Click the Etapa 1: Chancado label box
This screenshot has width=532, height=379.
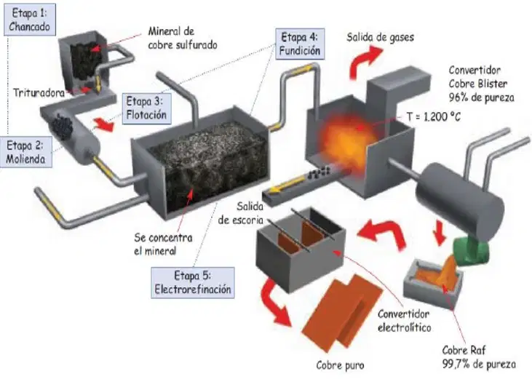[30, 20]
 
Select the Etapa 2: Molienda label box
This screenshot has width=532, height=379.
[25, 152]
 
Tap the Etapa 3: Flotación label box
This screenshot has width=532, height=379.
[146, 108]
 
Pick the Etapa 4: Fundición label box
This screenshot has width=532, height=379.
[300, 44]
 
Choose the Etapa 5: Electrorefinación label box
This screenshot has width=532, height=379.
[193, 282]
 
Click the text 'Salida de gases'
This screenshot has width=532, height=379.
[380, 37]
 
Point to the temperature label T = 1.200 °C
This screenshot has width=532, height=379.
[434, 117]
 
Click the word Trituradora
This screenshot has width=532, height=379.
[39, 92]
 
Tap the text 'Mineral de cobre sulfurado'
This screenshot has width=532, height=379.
[183, 38]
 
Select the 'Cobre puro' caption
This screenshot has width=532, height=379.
[340, 365]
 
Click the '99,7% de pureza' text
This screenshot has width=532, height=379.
[479, 364]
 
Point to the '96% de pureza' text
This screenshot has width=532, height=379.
[482, 97]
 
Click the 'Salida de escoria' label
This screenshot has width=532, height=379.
[241, 213]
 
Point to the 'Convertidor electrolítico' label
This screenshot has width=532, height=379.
[404, 321]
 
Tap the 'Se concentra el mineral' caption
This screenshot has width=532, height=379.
[163, 244]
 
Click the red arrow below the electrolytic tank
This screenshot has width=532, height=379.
[277, 302]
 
